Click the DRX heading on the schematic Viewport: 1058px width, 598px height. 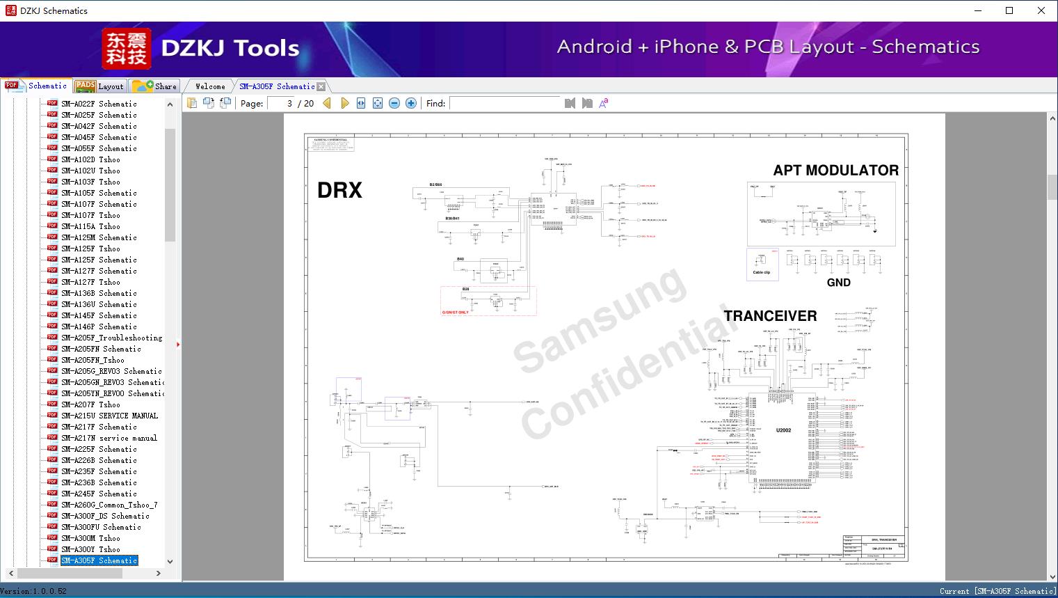coord(339,190)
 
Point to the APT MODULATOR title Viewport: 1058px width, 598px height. coord(835,171)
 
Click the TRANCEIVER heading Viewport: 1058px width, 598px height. coord(770,316)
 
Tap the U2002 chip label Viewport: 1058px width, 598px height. coord(783,430)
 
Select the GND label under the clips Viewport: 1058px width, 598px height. coord(838,283)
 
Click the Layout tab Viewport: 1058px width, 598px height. coord(101,86)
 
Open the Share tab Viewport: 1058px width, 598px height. coord(156,86)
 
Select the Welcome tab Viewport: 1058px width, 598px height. coord(210,86)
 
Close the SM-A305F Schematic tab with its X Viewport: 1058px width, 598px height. coord(321,87)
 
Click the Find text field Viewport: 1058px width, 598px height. coord(504,104)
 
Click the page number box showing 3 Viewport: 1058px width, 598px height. coord(282,104)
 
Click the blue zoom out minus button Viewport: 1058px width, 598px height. coord(394,104)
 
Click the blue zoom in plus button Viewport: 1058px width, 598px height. coord(411,104)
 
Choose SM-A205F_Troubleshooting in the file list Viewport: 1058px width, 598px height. coord(111,338)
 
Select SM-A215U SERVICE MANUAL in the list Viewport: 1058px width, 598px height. coord(109,416)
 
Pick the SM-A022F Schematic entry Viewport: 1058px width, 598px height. coord(99,104)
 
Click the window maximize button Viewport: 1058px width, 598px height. coord(1009,10)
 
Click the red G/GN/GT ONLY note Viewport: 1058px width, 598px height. coord(456,313)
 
